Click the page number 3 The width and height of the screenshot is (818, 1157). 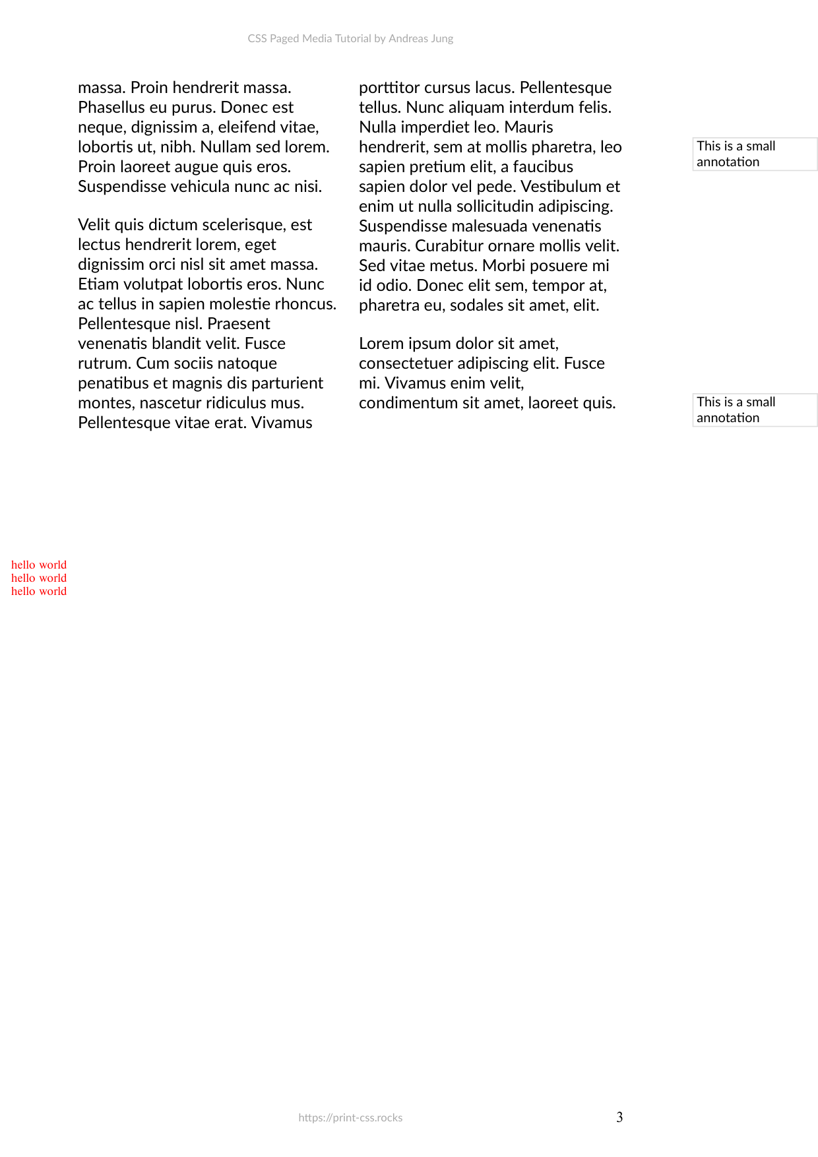(619, 1117)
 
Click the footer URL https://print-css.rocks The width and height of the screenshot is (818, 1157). (350, 1117)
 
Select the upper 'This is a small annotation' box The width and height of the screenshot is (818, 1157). (755, 154)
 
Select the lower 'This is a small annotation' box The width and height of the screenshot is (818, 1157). (755, 410)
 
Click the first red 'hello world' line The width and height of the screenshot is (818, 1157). (39, 565)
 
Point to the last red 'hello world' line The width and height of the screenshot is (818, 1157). (39, 591)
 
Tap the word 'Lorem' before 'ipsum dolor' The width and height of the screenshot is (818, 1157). (381, 344)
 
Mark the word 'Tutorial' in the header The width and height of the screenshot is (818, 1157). (353, 38)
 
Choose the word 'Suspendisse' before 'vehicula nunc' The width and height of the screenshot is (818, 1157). (122, 186)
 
